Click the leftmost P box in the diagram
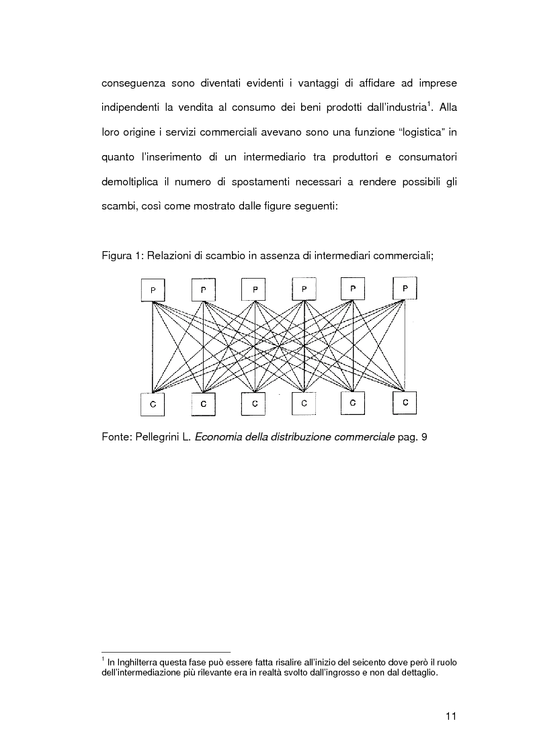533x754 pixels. click(x=153, y=290)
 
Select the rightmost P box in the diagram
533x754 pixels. click(x=405, y=289)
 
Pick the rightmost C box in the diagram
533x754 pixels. click(x=405, y=403)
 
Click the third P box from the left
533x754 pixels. click(x=254, y=290)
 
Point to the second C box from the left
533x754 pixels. click(x=204, y=404)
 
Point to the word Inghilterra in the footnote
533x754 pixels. click(x=134, y=661)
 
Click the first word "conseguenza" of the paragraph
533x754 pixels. click(x=134, y=85)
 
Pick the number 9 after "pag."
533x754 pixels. click(x=423, y=438)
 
